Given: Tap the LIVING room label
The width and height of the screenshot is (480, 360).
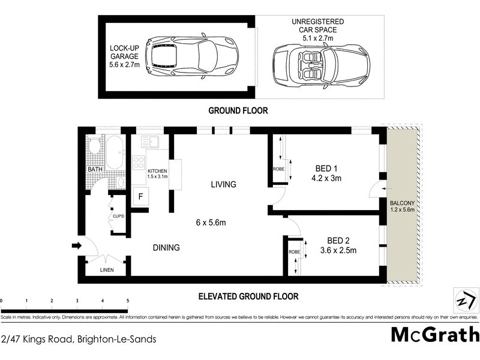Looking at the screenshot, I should tap(223, 184).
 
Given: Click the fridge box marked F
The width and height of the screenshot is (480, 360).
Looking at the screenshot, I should tap(140, 196).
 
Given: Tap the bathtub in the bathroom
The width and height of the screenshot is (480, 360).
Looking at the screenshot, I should tap(114, 152).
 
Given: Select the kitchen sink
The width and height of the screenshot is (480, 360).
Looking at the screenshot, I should tap(148, 142).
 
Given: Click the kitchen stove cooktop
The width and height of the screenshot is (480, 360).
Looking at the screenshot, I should tap(139, 162).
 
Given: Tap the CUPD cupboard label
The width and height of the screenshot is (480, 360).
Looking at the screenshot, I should tap(118, 216).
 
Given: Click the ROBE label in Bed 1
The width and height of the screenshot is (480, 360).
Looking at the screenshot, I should tap(278, 169).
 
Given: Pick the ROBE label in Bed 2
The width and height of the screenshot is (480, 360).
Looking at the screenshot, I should tap(293, 253).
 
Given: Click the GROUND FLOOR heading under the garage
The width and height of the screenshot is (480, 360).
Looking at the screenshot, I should tap(238, 110).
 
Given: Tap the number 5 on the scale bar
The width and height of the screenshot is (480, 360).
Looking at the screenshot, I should tap(128, 301).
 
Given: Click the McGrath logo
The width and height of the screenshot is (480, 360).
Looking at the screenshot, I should tap(435, 334).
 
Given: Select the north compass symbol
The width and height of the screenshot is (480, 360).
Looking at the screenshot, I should tap(463, 300).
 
